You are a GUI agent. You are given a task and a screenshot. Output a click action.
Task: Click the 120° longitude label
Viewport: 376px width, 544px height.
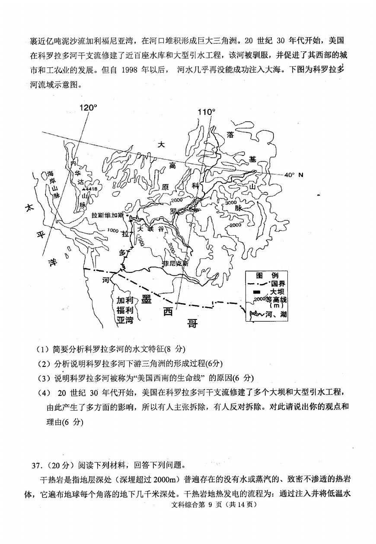(x=89, y=108)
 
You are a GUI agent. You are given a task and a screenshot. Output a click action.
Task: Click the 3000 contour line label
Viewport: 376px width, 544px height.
(x=232, y=203)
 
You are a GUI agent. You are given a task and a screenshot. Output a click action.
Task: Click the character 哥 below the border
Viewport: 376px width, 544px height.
(x=191, y=323)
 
